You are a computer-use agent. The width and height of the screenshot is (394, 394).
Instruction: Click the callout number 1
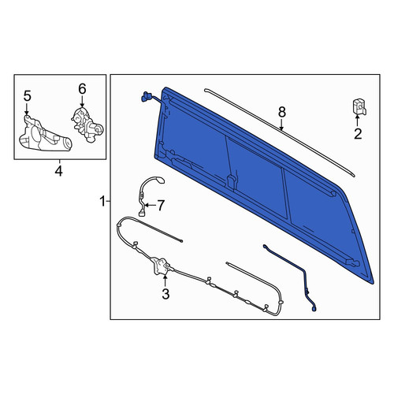click(102, 202)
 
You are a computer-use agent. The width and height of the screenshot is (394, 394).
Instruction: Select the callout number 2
click(358, 134)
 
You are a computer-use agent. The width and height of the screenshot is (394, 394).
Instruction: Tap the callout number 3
click(165, 294)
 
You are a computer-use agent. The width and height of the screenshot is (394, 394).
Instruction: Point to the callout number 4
click(59, 171)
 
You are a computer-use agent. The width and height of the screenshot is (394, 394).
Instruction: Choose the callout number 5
click(28, 96)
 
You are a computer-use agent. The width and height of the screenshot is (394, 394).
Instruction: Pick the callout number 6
click(82, 89)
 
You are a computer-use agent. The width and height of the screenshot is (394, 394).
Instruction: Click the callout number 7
click(161, 205)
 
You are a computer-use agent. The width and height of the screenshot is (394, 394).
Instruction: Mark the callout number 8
click(281, 113)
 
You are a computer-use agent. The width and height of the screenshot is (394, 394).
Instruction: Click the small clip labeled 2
click(359, 106)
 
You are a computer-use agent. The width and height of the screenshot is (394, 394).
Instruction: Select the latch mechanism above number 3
click(161, 266)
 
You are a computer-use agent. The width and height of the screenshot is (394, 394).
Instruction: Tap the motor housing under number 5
click(45, 136)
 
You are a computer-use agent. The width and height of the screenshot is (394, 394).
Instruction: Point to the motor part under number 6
click(87, 125)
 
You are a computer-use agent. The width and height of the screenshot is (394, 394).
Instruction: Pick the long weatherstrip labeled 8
click(280, 132)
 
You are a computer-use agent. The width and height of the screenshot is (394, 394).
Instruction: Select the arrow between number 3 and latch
click(165, 281)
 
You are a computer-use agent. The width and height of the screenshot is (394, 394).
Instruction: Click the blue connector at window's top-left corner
click(146, 96)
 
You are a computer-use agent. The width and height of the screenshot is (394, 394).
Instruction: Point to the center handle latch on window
click(231, 181)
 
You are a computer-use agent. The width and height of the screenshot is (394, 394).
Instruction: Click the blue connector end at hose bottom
click(314, 310)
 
